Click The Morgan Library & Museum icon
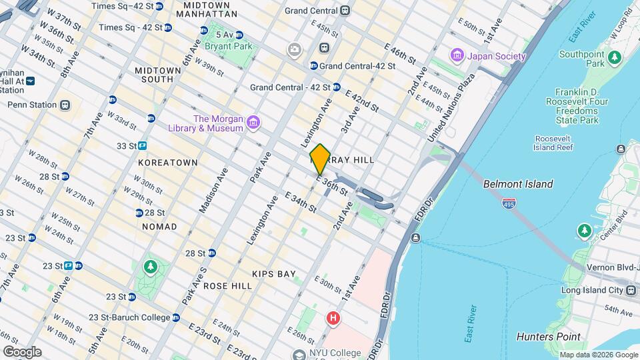[253, 122]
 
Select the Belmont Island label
[518, 184]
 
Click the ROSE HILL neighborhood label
[228, 286]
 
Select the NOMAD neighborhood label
[159, 227]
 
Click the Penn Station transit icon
[65, 105]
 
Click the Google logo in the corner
[22, 351]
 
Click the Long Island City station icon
[630, 290]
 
